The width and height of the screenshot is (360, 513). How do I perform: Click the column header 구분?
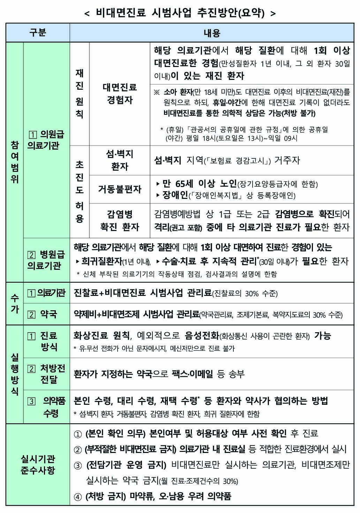click(38, 33)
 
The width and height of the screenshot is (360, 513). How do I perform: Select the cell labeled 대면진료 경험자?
click(120, 94)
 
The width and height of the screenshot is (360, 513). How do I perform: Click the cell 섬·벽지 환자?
click(120, 160)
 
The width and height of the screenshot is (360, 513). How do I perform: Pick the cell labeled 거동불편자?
click(120, 189)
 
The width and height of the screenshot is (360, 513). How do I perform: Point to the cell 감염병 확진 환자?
click(120, 221)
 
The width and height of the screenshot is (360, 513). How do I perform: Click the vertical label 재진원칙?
click(80, 94)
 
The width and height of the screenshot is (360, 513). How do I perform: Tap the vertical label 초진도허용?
click(80, 191)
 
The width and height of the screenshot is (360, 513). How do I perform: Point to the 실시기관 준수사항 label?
click(38, 464)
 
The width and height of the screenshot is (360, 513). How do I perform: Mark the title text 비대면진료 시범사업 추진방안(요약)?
click(180, 13)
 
